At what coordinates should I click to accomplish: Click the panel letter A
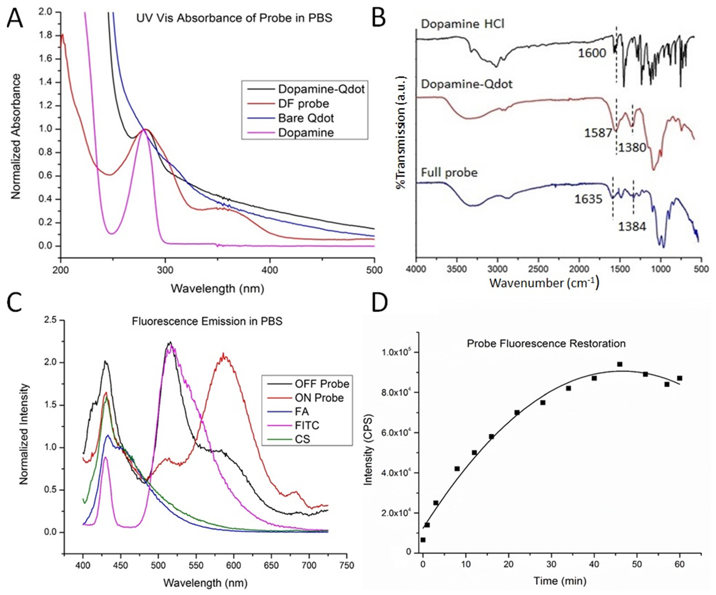tap(15, 18)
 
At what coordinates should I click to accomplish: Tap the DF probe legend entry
tap(303, 104)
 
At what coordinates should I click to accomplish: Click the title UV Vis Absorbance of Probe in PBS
tap(234, 18)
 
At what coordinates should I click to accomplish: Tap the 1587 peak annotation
tap(598, 133)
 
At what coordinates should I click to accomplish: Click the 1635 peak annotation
tap(588, 199)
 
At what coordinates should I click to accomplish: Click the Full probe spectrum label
tap(449, 173)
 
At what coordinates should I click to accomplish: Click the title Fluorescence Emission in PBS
tap(207, 321)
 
